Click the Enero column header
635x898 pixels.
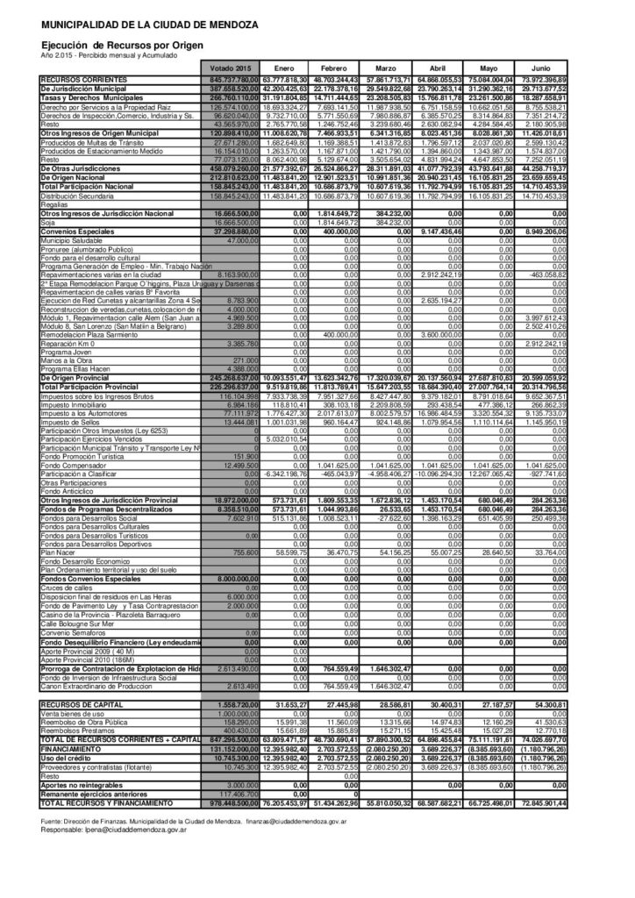pos(283,68)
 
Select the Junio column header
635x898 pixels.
pos(541,68)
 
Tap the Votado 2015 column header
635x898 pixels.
pos(232,68)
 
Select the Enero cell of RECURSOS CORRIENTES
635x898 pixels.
pos(283,80)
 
